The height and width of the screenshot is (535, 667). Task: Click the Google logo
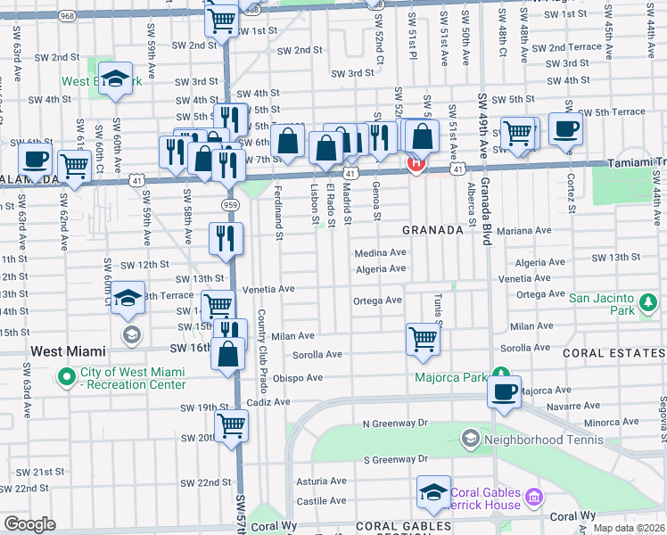pos(29,524)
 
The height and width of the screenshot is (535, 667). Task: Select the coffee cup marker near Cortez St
pos(565,129)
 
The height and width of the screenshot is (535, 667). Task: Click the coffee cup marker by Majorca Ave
pos(505,391)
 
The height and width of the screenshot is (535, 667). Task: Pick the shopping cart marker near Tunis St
pos(423,338)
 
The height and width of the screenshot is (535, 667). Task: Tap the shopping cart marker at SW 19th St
pos(231,425)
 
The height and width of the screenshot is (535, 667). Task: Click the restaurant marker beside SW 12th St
pos(226,238)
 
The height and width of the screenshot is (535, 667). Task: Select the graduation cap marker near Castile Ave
pos(433,492)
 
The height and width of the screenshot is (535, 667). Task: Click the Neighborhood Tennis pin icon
pos(470,439)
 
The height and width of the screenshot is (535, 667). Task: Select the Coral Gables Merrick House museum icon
pos(533,495)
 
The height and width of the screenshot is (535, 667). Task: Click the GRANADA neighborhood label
pos(432,229)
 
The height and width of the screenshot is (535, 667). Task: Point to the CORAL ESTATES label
pos(613,354)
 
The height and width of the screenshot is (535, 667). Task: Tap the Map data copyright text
pos(629,528)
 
